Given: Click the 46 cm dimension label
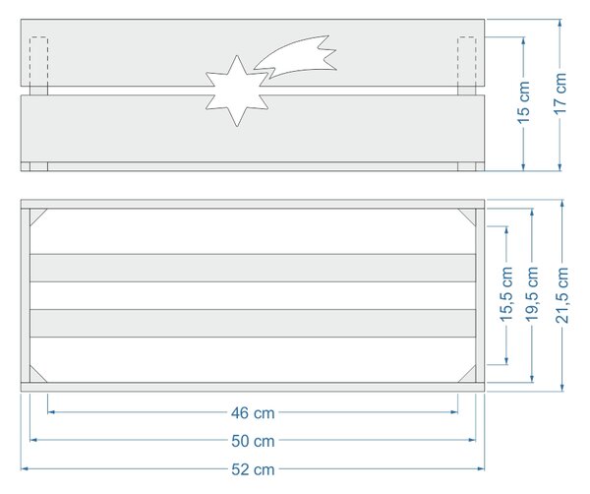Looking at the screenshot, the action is (253, 413).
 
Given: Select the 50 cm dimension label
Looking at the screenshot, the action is (253, 441).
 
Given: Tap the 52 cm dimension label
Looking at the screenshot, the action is (253, 469).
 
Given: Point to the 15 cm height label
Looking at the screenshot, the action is (523, 102).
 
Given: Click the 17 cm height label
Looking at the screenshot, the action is (560, 93).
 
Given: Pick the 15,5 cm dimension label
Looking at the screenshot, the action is (506, 293).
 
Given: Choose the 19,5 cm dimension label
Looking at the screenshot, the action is (532, 293).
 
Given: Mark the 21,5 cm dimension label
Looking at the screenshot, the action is (561, 295).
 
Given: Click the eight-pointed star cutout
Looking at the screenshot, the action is (237, 92).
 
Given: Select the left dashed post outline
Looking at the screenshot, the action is (38, 62).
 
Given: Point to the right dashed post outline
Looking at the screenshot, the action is (466, 62).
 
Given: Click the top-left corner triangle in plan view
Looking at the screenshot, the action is (36, 215).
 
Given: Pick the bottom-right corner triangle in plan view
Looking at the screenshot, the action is (470, 377).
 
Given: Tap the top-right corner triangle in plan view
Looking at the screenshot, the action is (470, 215).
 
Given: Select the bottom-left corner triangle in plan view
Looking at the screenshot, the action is (36, 377).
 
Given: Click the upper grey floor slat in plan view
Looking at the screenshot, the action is (253, 268).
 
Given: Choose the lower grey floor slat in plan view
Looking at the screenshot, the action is (253, 323).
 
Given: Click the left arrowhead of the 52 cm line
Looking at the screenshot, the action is (25, 468).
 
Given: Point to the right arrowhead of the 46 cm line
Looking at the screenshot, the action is (454, 412).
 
